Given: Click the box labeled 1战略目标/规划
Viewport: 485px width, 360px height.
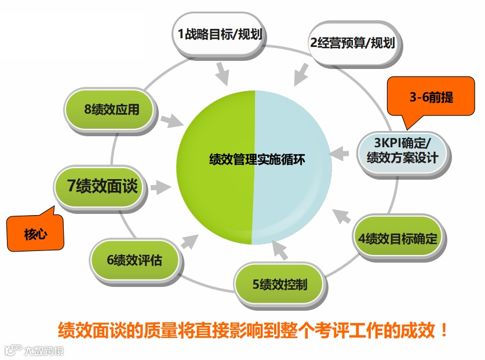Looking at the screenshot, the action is click(x=220, y=34).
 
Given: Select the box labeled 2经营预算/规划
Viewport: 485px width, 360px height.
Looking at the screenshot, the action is click(x=352, y=42).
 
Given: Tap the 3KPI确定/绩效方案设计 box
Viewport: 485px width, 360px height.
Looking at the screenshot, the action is click(x=402, y=150).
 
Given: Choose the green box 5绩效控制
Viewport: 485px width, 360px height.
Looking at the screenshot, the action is click(x=279, y=284).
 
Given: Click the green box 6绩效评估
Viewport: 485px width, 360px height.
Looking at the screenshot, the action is click(x=134, y=260).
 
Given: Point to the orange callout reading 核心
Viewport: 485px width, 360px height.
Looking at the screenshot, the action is click(x=35, y=233).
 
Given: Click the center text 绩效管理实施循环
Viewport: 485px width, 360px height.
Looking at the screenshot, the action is click(x=253, y=160).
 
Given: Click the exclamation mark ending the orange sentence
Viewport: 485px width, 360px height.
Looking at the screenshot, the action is click(x=444, y=331).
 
